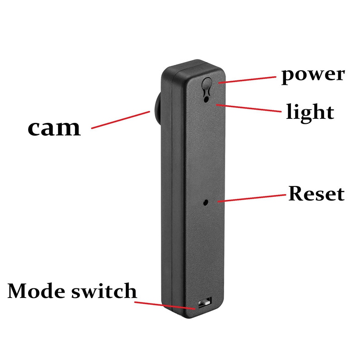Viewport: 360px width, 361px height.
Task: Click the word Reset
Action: point(316,194)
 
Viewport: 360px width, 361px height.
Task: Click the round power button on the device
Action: point(207,85)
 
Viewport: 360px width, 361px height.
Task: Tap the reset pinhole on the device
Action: point(206,203)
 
